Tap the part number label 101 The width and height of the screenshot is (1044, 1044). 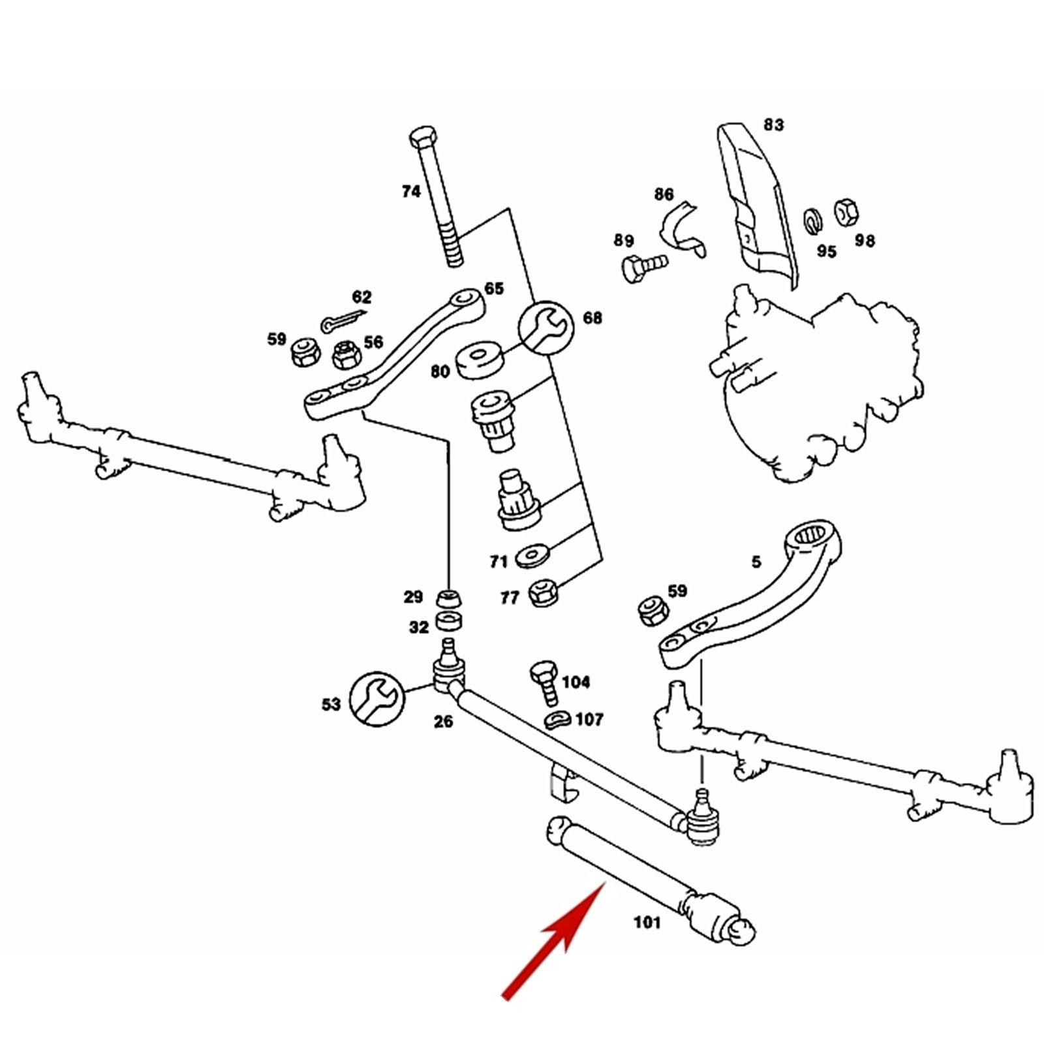tap(647, 923)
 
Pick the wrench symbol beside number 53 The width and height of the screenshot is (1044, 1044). tap(376, 699)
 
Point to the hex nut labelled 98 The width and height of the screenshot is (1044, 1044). tap(846, 211)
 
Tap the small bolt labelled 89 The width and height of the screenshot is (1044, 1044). tap(642, 266)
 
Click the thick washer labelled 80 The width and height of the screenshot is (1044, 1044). tap(481, 357)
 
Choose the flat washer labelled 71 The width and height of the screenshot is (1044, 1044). tap(532, 558)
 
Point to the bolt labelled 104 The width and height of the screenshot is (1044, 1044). tap(545, 682)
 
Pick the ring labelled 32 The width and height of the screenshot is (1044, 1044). tap(449, 621)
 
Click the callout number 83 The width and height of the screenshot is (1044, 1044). tap(773, 124)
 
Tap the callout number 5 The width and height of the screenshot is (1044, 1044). tap(756, 562)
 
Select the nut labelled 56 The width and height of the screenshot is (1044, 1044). tap(345, 354)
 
